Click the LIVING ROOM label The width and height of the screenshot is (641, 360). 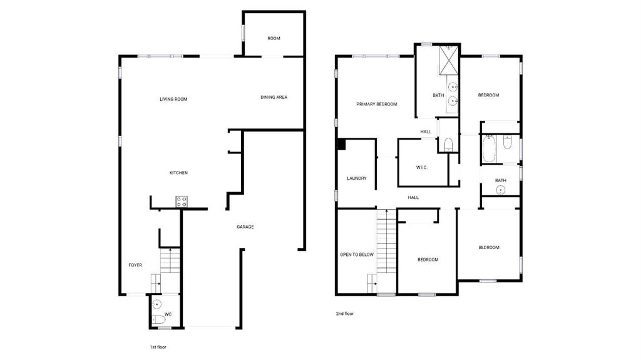click(x=173, y=99)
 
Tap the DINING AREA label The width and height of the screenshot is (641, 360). click(x=274, y=97)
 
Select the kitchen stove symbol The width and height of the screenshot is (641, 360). click(x=182, y=201)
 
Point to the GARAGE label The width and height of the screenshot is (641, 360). click(x=245, y=227)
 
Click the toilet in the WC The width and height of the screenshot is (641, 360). click(x=158, y=320)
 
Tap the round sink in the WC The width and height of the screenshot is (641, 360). click(x=156, y=304)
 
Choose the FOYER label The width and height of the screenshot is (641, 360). click(x=135, y=265)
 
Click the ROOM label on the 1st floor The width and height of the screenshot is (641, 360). click(x=274, y=38)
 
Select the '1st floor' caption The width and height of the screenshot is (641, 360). click(x=158, y=347)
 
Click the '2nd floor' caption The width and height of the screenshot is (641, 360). click(x=345, y=314)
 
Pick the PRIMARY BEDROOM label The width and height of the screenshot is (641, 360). click(x=376, y=104)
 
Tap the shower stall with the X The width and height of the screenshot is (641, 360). click(x=449, y=61)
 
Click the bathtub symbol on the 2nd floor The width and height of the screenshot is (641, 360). click(x=489, y=149)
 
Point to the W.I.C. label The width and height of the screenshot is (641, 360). click(x=421, y=167)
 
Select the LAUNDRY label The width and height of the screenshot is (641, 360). click(x=356, y=178)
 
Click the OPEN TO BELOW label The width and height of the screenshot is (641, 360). click(x=357, y=254)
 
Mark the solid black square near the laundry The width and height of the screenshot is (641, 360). click(x=342, y=145)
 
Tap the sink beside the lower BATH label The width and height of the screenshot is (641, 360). click(x=500, y=190)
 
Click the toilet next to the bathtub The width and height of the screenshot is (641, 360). click(x=507, y=142)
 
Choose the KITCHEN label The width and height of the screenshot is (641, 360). click(x=178, y=173)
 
